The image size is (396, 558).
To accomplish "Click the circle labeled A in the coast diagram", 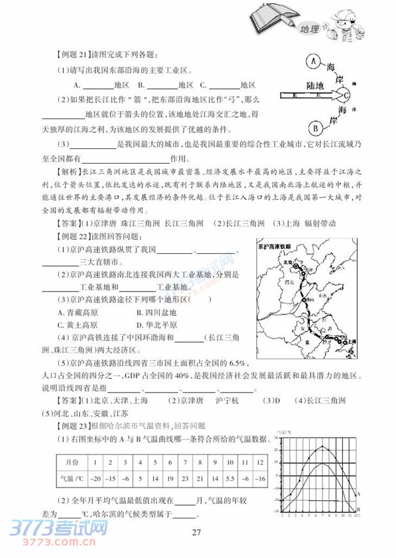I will pos(313,61).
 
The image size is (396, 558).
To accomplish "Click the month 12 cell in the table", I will pos(259,461).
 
